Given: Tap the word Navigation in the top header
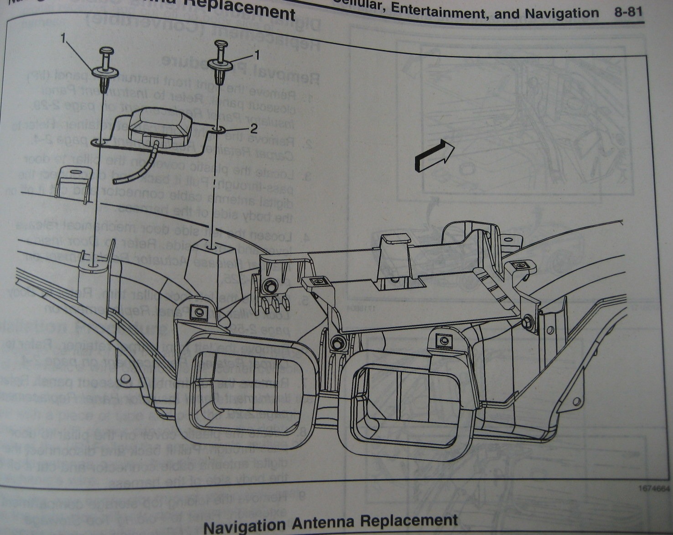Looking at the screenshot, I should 562,13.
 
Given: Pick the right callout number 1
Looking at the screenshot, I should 256,55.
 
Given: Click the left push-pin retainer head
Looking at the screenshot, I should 106,51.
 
